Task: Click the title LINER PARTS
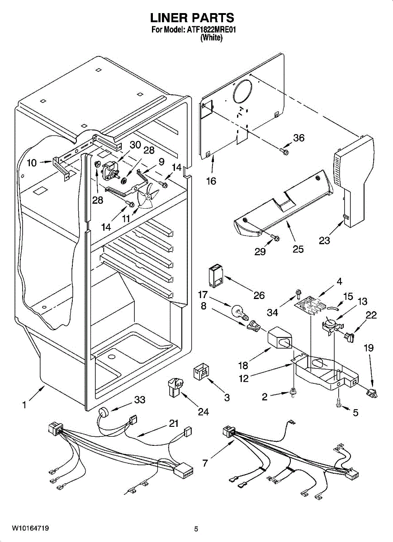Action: pos(192,18)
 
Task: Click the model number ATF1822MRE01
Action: pos(213,30)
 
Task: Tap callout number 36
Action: pos(299,138)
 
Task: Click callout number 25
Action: pos(298,248)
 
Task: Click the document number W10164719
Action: pos(30,528)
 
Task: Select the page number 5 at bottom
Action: pos(196,529)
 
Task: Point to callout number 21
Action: pos(174,423)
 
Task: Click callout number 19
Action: pos(369,348)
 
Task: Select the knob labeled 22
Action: pos(350,336)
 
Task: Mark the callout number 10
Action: pos(32,163)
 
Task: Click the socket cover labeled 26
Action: pos(215,274)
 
